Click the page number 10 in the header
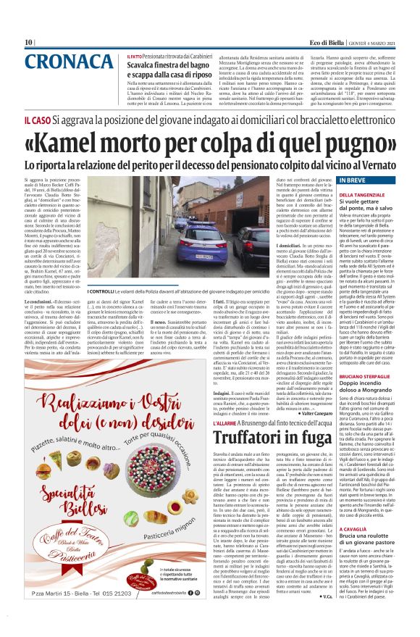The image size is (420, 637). pos(28,42)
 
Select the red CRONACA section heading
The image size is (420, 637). pos(59,62)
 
